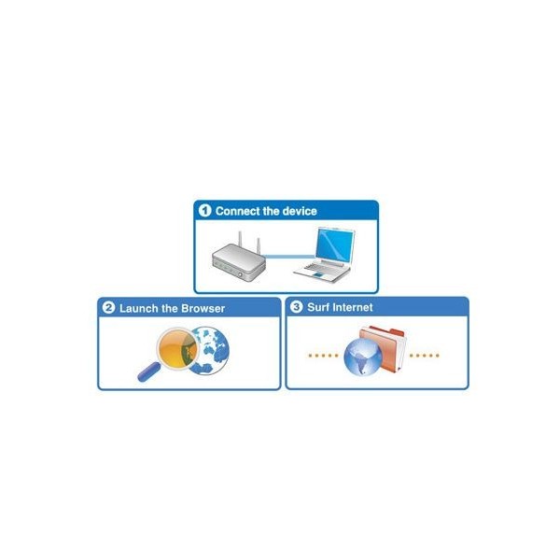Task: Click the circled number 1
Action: click(204, 210)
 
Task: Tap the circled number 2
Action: click(108, 307)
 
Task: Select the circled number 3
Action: click(296, 306)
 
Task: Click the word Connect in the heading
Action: click(237, 211)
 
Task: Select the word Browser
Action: click(203, 308)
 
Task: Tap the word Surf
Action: click(318, 307)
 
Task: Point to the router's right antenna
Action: click(259, 245)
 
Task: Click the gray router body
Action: click(239, 261)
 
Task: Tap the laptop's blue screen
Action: click(334, 245)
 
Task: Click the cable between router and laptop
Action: click(290, 256)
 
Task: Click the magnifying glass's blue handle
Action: click(149, 371)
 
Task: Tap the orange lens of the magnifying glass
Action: click(177, 349)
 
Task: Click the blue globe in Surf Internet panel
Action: click(363, 357)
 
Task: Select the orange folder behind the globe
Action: click(383, 348)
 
